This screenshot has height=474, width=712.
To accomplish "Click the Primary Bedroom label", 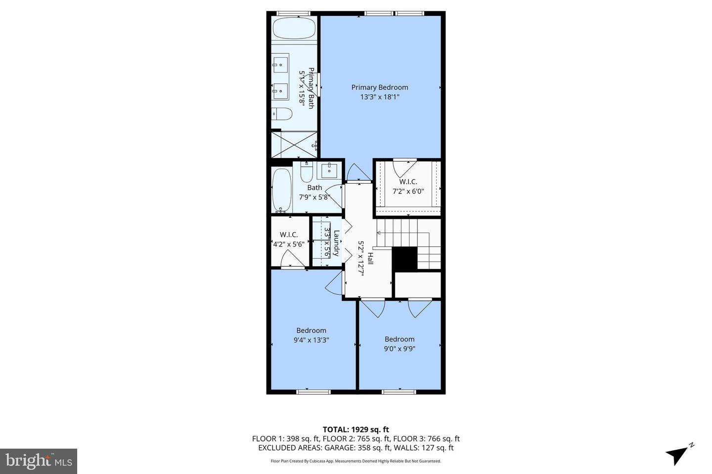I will [x=380, y=87].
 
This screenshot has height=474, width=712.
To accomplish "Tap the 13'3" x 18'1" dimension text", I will [x=380, y=97].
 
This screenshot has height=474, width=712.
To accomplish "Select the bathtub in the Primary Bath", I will [x=294, y=28].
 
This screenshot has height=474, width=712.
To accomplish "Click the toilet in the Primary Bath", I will [x=282, y=114].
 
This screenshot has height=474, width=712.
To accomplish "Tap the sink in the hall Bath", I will [x=329, y=171].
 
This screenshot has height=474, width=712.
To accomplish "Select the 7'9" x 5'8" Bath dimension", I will [x=314, y=197].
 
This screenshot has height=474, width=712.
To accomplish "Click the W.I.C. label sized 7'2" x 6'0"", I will [x=408, y=182].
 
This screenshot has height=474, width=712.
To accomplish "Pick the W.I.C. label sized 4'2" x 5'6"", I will [x=289, y=235].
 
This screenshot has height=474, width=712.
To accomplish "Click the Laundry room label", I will [x=336, y=243].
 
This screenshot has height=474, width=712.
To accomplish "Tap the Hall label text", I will [x=370, y=259].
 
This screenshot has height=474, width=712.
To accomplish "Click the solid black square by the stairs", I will [x=404, y=258].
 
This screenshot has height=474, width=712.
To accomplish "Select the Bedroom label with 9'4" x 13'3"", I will [x=311, y=330].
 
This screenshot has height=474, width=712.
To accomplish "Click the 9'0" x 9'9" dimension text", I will [x=400, y=349].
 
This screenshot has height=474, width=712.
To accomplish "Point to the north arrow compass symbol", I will [x=678, y=453].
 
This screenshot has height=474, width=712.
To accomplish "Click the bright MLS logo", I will [x=38, y=461].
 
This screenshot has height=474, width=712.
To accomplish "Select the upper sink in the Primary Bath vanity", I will [x=280, y=63].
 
